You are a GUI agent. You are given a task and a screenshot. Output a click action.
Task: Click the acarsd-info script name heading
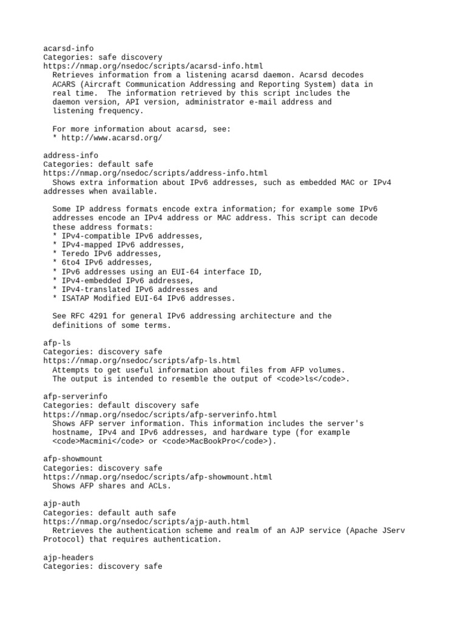(x=68, y=48)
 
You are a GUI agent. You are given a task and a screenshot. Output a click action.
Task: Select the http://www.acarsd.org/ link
(x=112, y=138)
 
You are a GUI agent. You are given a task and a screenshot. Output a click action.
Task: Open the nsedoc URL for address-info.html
(x=155, y=173)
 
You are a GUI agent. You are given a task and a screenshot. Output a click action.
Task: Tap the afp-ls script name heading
(x=57, y=343)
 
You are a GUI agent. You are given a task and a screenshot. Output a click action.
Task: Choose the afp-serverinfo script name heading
(x=75, y=397)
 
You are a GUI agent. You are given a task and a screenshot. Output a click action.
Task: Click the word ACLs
(x=157, y=486)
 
